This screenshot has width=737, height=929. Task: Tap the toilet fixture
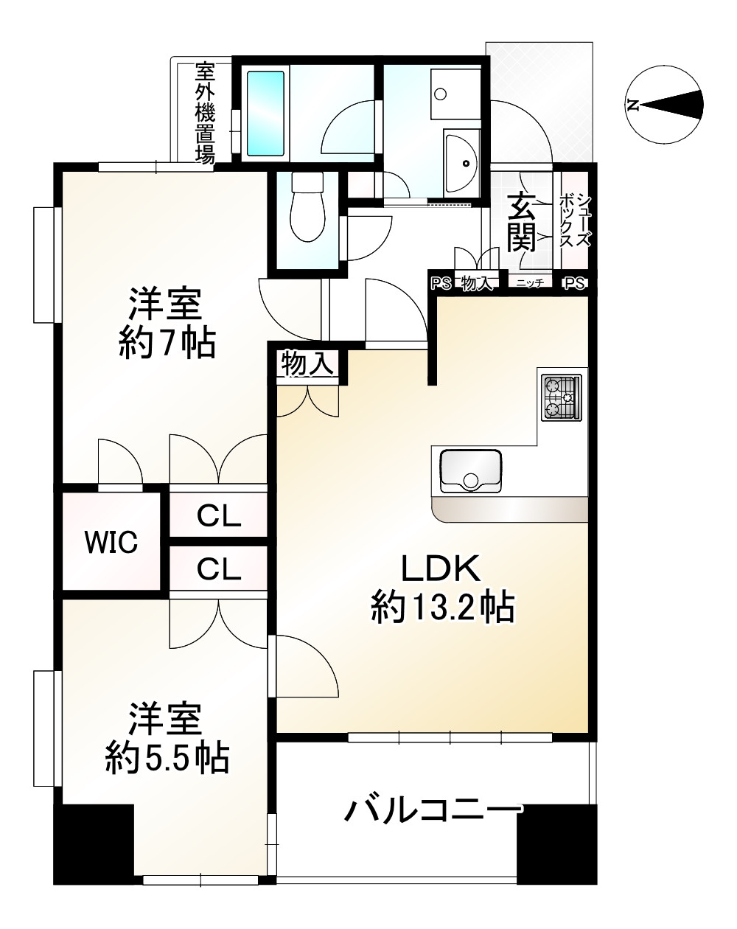point(307,206)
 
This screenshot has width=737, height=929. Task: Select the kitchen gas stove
point(562,398)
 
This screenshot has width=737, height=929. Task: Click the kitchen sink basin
point(470,470)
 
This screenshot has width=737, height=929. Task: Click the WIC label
point(111,542)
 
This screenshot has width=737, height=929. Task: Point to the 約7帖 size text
point(167,344)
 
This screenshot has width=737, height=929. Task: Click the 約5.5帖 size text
point(167,757)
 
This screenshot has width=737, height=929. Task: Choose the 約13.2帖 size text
point(442,608)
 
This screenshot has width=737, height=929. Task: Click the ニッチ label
point(530,283)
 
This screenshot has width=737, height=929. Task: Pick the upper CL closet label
point(219,515)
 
